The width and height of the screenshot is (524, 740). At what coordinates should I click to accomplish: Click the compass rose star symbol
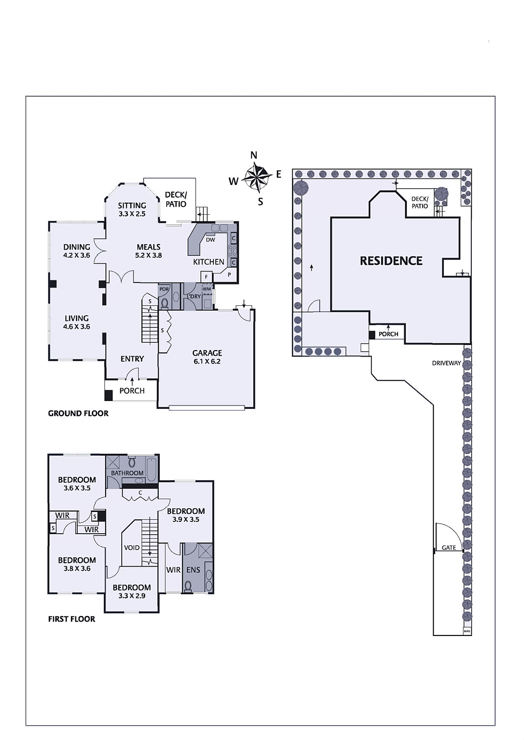256,179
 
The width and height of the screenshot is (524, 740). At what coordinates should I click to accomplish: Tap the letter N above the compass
254,155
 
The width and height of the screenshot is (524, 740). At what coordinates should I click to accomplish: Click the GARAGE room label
207,353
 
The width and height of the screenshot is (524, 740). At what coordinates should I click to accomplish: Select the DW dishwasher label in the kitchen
210,240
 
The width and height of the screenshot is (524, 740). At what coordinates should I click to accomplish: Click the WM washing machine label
206,289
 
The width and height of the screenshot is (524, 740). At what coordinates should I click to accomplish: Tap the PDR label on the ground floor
164,289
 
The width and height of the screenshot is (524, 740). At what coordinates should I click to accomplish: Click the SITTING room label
132,205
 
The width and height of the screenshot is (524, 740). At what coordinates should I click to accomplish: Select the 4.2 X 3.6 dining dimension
77,255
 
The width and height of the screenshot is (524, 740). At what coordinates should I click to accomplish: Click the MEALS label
149,247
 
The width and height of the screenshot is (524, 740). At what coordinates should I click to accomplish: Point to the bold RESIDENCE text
391,261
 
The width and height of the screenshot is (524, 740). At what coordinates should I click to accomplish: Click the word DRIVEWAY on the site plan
446,363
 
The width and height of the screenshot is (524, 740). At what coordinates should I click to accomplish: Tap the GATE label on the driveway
449,548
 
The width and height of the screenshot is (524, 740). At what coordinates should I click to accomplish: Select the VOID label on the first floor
131,548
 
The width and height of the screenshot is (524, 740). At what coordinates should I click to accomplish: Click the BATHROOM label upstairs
127,473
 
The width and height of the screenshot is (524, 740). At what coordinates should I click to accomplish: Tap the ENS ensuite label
193,570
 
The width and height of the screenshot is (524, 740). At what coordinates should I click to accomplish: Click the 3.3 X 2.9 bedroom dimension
132,596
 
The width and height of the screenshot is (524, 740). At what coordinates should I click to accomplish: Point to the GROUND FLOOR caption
78,413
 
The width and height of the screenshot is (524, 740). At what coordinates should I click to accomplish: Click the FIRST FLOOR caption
72,619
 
